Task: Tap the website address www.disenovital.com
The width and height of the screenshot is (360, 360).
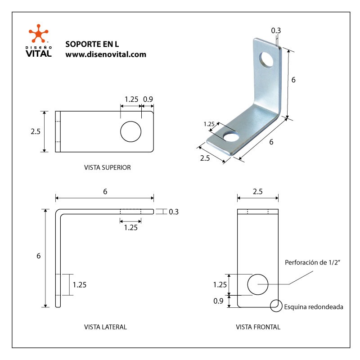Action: (x=106, y=54)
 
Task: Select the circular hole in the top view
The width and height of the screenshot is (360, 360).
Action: (x=130, y=131)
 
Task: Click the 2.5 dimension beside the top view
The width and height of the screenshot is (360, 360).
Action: (x=36, y=132)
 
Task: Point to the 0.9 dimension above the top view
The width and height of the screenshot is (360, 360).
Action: (x=148, y=99)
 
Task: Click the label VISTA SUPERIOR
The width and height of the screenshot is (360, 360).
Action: (x=107, y=167)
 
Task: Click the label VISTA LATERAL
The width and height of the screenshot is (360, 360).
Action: (x=105, y=327)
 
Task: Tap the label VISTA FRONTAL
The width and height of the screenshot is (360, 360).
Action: (x=258, y=327)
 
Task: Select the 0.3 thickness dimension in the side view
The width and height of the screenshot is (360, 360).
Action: (x=174, y=211)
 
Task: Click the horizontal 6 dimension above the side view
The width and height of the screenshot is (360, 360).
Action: (x=105, y=191)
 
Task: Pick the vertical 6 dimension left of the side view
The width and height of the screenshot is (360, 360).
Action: (x=39, y=256)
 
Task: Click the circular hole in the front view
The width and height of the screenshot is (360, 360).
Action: (x=258, y=284)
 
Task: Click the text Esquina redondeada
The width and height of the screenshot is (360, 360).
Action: (x=314, y=307)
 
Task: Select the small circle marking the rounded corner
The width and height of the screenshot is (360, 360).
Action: (x=275, y=306)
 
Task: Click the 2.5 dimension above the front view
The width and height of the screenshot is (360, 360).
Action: (x=258, y=191)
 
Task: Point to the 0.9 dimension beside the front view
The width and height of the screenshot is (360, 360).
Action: (x=218, y=301)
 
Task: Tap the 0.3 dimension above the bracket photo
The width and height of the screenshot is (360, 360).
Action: (x=276, y=31)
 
